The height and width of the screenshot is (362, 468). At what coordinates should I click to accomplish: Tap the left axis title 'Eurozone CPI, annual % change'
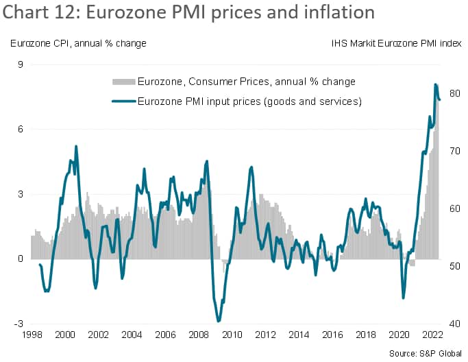(x=78, y=44)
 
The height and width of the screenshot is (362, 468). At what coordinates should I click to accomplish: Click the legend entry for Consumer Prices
(x=246, y=82)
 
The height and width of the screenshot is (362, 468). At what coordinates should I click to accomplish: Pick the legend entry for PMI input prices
(x=249, y=101)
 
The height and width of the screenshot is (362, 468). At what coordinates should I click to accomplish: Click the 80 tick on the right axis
(x=454, y=93)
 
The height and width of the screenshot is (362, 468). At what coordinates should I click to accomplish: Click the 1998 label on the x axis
(x=32, y=336)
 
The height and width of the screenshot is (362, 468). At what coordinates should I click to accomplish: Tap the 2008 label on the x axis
(x=197, y=336)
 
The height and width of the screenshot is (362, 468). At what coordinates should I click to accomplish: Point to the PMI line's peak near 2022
(x=436, y=84)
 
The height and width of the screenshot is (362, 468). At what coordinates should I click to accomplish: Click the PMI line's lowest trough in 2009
(x=218, y=321)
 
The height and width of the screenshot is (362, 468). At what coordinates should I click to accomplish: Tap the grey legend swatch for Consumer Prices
(x=123, y=82)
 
